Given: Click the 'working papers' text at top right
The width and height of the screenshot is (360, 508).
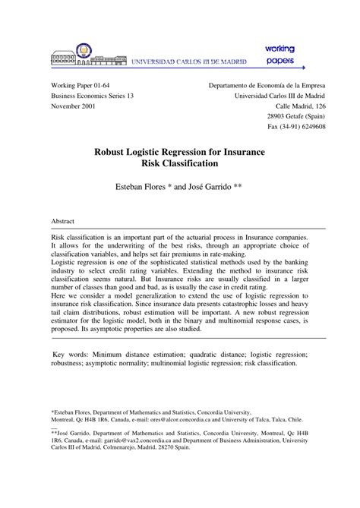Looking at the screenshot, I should tap(279, 55).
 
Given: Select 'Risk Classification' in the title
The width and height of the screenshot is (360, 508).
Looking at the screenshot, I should tap(179, 162).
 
